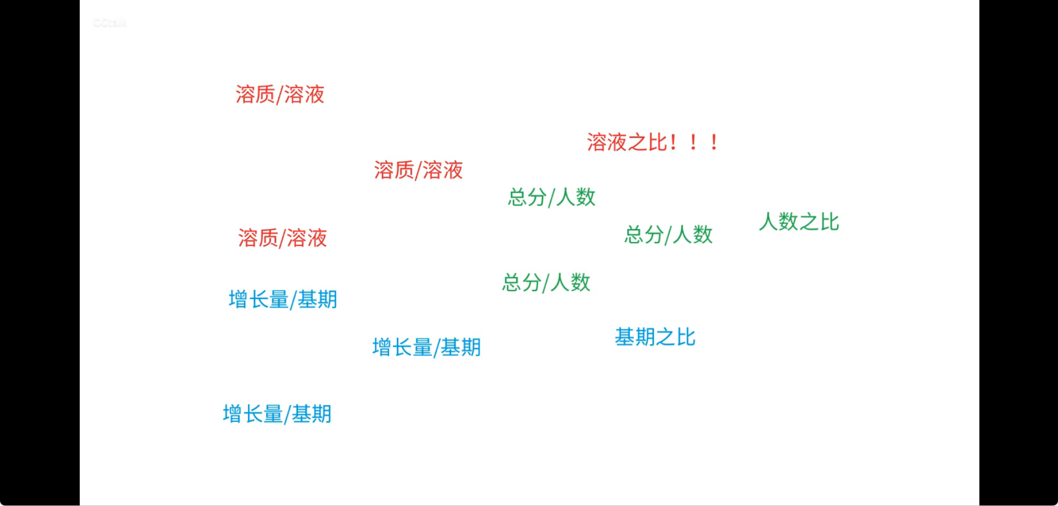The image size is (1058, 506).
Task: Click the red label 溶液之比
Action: [627, 142]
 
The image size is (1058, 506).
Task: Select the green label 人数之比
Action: [799, 222]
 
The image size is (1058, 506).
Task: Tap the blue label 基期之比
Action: [655, 337]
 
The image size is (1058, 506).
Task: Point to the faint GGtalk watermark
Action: [110, 23]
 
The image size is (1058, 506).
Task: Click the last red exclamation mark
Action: [714, 142]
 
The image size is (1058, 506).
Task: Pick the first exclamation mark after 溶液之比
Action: [673, 142]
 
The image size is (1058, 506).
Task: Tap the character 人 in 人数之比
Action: [768, 222]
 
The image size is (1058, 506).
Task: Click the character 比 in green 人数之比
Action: [829, 222]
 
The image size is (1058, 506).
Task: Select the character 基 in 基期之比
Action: [625, 337]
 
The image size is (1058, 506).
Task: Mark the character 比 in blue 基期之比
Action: [686, 337]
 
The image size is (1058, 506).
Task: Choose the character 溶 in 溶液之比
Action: [597, 142]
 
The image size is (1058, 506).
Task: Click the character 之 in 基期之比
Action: [665, 337]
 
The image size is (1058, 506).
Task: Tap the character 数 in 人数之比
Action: [788, 222]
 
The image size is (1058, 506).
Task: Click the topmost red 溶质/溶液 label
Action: [280, 95]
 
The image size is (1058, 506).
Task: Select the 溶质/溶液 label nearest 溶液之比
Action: [418, 170]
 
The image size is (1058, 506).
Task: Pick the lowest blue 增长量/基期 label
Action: [277, 414]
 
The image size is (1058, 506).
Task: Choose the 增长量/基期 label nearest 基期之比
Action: [426, 348]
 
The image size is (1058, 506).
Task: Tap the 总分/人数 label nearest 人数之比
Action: [668, 235]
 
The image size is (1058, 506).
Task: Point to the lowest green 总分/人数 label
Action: [546, 283]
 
